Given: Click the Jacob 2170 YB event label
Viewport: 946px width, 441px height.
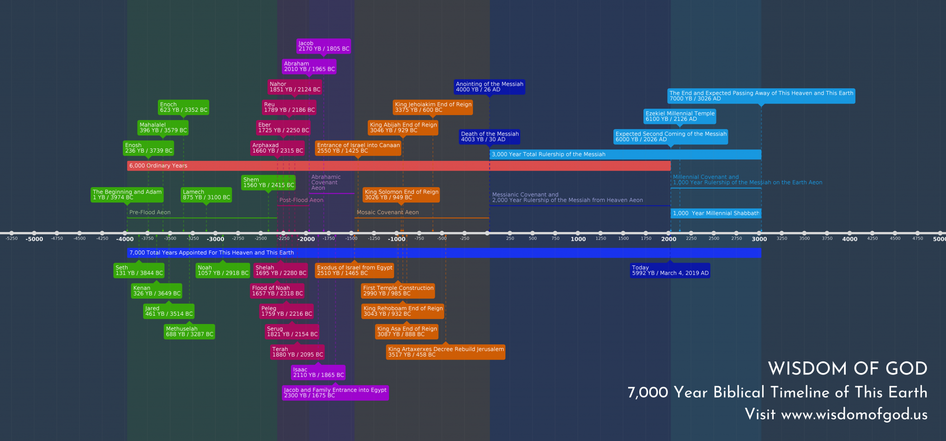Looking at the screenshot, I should pyautogui.click(x=323, y=46).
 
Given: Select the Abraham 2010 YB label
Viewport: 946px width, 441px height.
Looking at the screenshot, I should pyautogui.click(x=309, y=67).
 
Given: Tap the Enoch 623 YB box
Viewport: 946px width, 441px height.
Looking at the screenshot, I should pyautogui.click(x=183, y=107).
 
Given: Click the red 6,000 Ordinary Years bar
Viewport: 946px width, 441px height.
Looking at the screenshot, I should pyautogui.click(x=398, y=165).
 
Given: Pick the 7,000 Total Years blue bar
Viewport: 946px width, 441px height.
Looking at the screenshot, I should pyautogui.click(x=443, y=252).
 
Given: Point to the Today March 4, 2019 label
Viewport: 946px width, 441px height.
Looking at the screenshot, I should pyautogui.click(x=670, y=270).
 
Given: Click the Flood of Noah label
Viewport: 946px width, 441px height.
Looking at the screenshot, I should pyautogui.click(x=277, y=291).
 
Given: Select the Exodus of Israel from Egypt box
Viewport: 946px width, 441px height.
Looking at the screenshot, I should pyautogui.click(x=354, y=270).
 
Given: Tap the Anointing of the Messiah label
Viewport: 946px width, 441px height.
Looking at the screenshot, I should pyautogui.click(x=489, y=87).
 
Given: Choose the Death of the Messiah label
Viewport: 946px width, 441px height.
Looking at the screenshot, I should pyautogui.click(x=490, y=137).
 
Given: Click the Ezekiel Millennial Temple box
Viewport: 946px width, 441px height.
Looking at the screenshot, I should pyautogui.click(x=679, y=116).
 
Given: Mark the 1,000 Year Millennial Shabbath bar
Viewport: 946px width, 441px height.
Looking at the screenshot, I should pyautogui.click(x=716, y=213).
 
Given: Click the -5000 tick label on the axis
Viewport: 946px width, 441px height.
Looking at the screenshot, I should pyautogui.click(x=34, y=239).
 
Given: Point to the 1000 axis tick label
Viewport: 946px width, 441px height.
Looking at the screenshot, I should pyautogui.click(x=578, y=239).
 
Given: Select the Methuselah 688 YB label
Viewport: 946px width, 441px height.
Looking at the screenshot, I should pyautogui.click(x=189, y=331).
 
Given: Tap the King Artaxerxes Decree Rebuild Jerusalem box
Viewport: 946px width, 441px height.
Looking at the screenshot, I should pyautogui.click(x=446, y=352).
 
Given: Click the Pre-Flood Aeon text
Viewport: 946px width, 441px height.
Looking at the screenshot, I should pyautogui.click(x=150, y=212).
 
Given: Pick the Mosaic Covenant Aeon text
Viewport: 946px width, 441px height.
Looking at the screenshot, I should pyautogui.click(x=388, y=212).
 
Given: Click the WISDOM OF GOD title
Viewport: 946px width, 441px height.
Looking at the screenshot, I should pyautogui.click(x=848, y=368).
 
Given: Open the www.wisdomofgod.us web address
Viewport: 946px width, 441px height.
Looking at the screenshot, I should pyautogui.click(x=854, y=414).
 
